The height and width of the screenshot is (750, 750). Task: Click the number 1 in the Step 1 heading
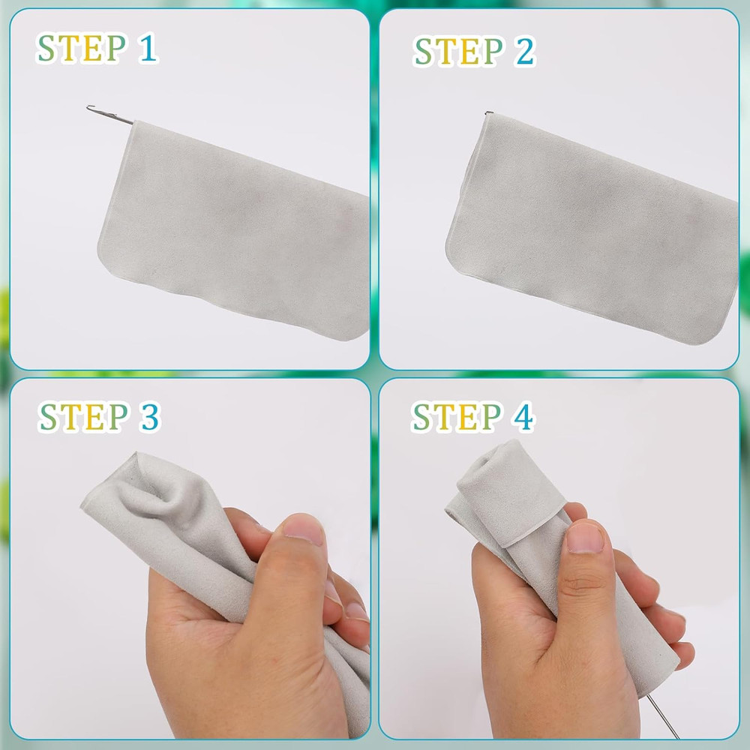147,49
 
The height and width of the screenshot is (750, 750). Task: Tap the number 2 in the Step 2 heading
524,52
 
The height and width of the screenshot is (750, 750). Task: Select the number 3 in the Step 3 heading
148,418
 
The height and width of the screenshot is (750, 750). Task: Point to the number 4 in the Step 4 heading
523,418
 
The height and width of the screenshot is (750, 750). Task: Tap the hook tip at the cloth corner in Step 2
488,114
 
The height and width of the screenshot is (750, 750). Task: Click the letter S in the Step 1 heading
48,49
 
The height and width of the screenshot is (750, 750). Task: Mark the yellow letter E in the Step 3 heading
94,418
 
